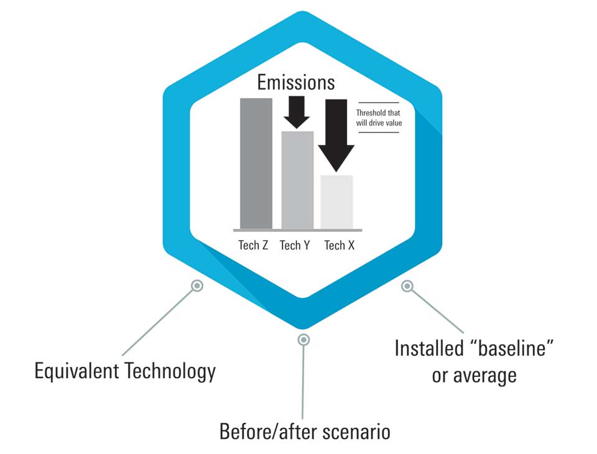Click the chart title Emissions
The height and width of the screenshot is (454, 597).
(x=296, y=83)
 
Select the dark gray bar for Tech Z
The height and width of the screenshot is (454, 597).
(x=256, y=163)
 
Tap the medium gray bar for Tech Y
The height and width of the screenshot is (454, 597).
(x=297, y=180)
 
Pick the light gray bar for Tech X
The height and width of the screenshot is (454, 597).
(x=336, y=202)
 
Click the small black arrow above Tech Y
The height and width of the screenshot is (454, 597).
(x=296, y=113)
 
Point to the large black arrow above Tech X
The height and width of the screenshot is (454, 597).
(x=336, y=134)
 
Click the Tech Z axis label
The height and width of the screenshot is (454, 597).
(x=253, y=245)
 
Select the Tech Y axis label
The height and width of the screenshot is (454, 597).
(x=295, y=245)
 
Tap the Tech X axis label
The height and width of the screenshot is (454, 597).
(x=339, y=245)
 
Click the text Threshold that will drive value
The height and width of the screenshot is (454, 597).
(x=378, y=118)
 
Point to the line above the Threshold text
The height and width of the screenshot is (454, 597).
(x=378, y=103)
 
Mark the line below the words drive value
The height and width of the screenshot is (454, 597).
(x=378, y=132)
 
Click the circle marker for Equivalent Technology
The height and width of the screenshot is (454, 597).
(x=197, y=285)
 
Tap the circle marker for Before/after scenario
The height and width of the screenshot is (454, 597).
(x=303, y=339)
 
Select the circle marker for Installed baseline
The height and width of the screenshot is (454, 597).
(x=407, y=286)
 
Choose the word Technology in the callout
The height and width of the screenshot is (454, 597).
(x=170, y=372)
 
